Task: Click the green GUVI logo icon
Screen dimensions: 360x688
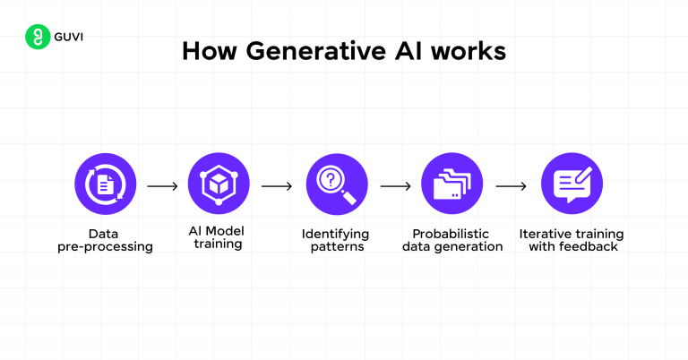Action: pyautogui.click(x=37, y=37)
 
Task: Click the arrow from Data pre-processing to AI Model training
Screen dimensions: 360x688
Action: pyautogui.click(x=162, y=186)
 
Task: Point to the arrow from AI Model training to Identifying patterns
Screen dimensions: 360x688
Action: pyautogui.click(x=277, y=186)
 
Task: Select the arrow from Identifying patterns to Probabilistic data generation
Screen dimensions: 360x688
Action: pyautogui.click(x=395, y=186)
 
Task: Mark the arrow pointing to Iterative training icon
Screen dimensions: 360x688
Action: pyautogui.click(x=511, y=186)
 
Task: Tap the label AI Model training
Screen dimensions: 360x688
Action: pyautogui.click(x=218, y=237)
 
